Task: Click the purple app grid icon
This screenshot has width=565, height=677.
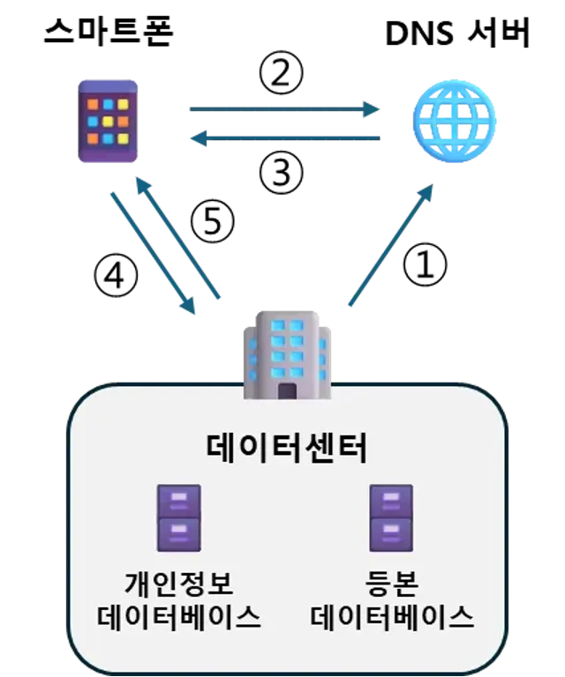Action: coord(108,121)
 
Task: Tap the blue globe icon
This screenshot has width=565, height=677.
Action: coord(455,120)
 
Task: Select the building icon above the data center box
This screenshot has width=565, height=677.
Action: coord(287,356)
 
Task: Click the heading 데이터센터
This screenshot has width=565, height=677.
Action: coord(287,448)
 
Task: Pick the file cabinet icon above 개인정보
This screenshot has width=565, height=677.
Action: coord(179,518)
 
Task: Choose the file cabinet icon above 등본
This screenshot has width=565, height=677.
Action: coord(391,518)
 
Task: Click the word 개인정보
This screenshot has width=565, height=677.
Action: coord(179,584)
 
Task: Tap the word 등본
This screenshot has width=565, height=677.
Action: coord(391,584)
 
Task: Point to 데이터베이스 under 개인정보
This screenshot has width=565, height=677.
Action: coord(179,616)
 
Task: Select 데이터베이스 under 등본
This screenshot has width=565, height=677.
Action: coord(392,616)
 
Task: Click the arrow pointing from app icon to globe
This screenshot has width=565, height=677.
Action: coord(282,110)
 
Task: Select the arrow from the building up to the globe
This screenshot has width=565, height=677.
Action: coord(391,246)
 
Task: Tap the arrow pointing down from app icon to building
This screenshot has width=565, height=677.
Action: coord(152,251)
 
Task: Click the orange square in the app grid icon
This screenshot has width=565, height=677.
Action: coord(93,104)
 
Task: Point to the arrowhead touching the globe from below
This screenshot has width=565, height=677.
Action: coord(428,191)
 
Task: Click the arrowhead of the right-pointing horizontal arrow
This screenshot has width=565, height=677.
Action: coord(372,110)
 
